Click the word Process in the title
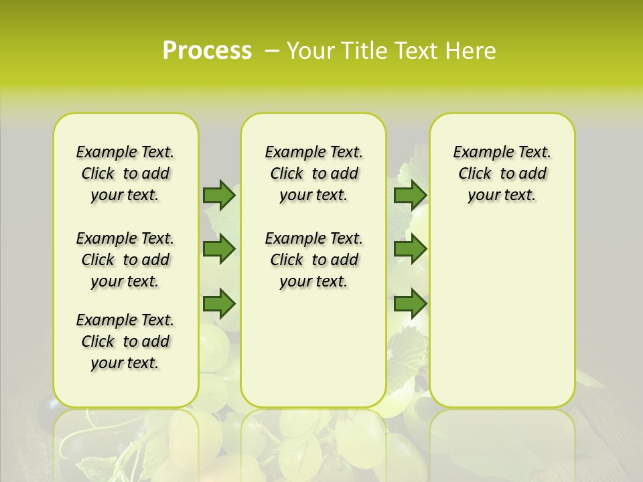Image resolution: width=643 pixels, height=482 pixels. [207, 51]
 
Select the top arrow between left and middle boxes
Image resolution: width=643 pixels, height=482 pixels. [219, 195]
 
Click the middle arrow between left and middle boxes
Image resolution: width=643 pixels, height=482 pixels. [219, 249]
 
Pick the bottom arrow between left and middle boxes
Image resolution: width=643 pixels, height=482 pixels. [219, 303]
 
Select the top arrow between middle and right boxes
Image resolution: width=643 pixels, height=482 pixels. [410, 195]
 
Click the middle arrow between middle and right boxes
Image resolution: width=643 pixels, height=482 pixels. [410, 249]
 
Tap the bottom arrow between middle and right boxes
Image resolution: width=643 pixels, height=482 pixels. [410, 303]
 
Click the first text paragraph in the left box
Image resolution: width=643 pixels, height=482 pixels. [125, 173]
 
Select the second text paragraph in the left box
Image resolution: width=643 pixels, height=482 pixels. [125, 260]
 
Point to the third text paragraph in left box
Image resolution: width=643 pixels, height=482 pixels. [125, 341]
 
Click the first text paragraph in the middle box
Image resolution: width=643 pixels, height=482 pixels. [314, 173]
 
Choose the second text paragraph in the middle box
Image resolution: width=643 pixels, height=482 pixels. [314, 260]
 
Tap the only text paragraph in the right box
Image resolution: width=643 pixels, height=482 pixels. [502, 173]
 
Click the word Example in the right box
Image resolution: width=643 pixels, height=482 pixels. [478, 153]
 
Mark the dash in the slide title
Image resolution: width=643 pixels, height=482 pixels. [273, 51]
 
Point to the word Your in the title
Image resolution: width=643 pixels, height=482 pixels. [310, 51]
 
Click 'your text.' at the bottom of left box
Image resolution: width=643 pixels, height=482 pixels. [125, 363]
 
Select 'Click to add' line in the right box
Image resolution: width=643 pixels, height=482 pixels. [502, 174]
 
